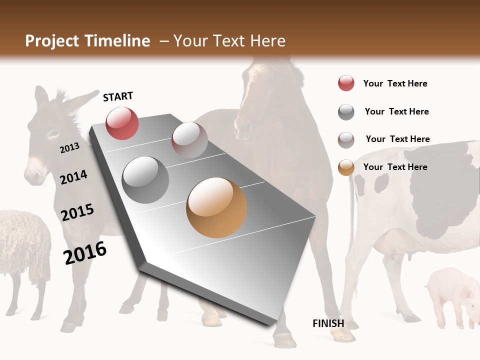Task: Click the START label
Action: (118, 96)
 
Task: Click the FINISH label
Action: (328, 323)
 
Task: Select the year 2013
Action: (69, 147)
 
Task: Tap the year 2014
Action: (73, 177)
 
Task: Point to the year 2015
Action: (77, 212)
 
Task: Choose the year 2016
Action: (85, 252)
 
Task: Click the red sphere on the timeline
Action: (122, 123)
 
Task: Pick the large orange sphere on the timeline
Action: (216, 207)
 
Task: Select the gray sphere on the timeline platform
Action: (145, 180)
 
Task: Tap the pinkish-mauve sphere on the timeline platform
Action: (189, 140)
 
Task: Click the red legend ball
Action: (346, 83)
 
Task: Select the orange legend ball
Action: (346, 167)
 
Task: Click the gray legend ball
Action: (346, 112)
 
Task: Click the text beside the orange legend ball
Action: (395, 167)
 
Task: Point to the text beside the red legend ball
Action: (395, 83)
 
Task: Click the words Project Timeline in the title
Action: (87, 41)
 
